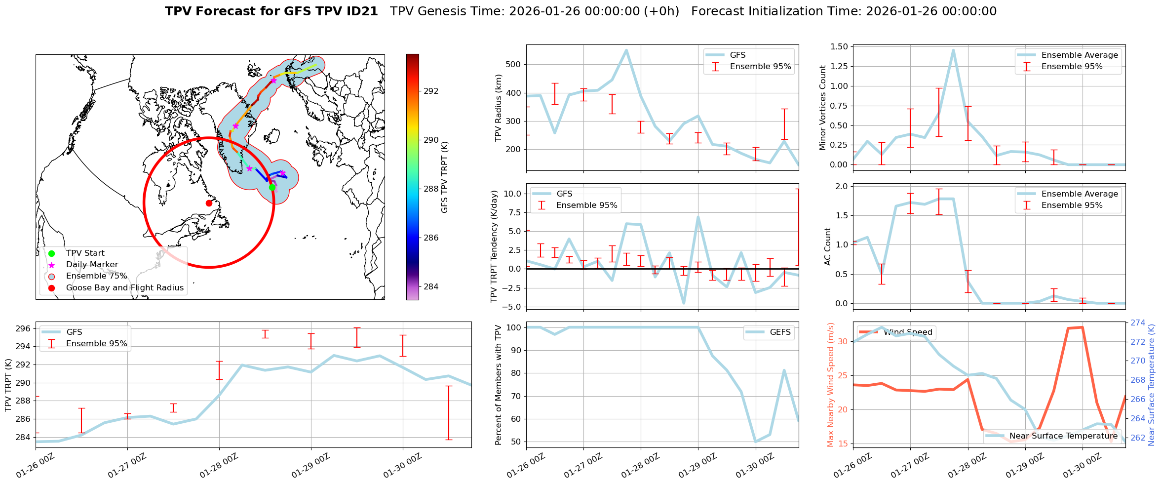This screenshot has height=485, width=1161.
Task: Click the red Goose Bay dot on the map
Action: (209, 203)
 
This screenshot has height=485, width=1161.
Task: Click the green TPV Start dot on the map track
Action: (272, 187)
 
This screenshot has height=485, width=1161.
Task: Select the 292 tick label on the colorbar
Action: (431, 91)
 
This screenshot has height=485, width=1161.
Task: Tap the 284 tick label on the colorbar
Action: (431, 286)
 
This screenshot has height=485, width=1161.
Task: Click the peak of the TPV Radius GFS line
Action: (626, 50)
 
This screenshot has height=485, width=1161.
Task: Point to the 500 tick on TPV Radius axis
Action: (513, 64)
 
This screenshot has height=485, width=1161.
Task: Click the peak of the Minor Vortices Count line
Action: (953, 50)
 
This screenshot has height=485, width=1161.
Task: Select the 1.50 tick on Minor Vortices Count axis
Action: (840, 46)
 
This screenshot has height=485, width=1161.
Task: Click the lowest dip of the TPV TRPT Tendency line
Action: (684, 303)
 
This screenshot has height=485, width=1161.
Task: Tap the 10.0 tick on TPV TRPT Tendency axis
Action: (512, 194)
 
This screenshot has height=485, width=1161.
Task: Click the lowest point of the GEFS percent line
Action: (755, 442)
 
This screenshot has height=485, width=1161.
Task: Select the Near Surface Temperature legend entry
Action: (1063, 436)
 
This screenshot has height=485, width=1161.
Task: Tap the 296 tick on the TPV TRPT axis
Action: (23, 328)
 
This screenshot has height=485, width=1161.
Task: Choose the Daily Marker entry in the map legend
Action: (92, 265)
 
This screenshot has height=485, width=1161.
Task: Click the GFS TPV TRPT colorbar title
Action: (445, 177)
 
